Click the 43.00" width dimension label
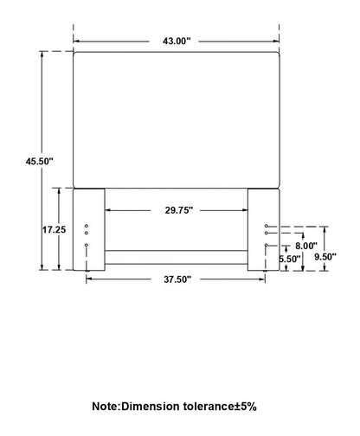[177, 42]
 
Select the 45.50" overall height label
[40, 161]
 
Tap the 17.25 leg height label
[55, 230]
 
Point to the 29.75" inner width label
[178, 210]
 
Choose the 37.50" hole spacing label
[177, 279]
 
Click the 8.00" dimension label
[306, 246]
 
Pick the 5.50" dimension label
[290, 259]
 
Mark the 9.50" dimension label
[325, 257]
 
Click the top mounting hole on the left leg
[87, 226]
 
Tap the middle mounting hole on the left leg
[87, 233]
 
